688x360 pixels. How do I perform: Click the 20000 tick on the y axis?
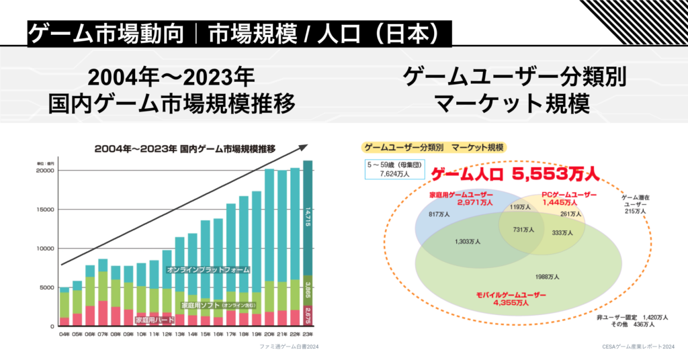coord(45,171)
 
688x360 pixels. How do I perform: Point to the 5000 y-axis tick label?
coord(47,287)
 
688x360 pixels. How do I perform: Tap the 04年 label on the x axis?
coord(64,333)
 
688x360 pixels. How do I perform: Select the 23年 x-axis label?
coord(308,333)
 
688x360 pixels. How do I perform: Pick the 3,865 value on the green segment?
coord(308,289)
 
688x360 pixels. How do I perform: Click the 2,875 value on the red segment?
coord(308,315)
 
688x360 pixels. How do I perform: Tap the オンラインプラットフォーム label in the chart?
coord(208,269)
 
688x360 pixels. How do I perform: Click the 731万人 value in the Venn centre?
coord(523,230)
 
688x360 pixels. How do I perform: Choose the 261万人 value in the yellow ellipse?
coord(570,214)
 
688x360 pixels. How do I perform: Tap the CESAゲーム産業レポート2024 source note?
coord(638,348)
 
